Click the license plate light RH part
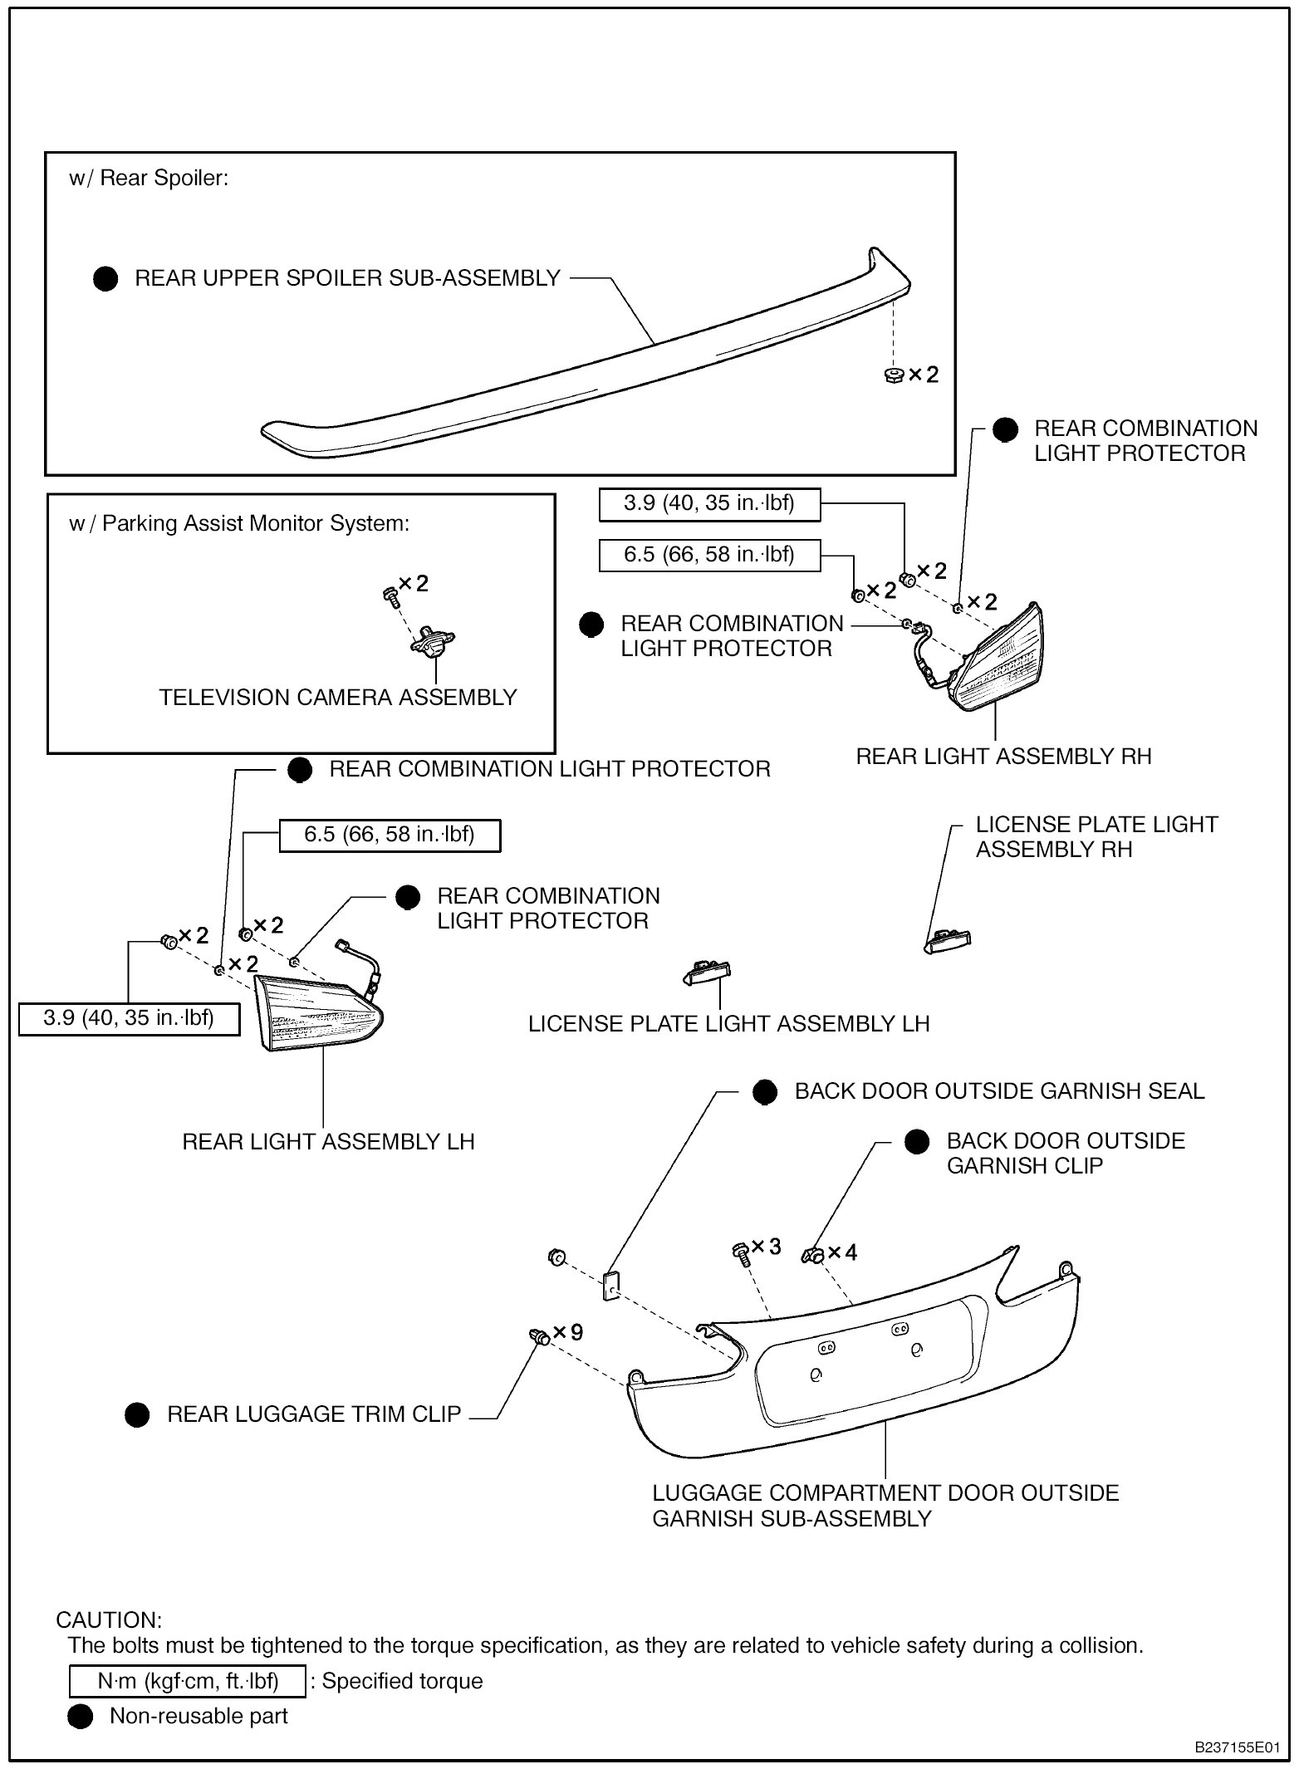click(949, 941)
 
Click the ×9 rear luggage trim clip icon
click(539, 1335)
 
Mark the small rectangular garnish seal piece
click(610, 1286)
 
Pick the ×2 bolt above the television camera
click(389, 593)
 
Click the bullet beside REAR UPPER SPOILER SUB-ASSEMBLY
click(105, 279)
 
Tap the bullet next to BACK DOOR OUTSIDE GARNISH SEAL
click(765, 1092)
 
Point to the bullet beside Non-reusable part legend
click(81, 1717)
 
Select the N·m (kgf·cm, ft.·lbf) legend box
click(188, 1681)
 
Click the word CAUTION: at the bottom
click(109, 1620)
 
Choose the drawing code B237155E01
click(1237, 1747)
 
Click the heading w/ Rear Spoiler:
click(149, 179)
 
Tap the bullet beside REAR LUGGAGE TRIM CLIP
click(137, 1414)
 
